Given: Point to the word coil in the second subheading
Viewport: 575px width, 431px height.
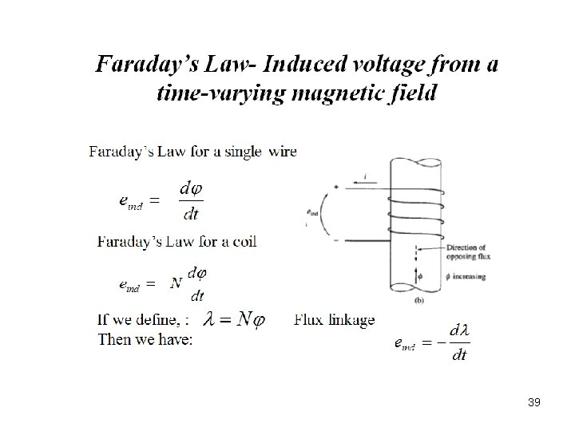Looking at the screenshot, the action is tap(241, 242).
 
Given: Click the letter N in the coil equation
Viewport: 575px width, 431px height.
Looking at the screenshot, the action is tap(176, 284).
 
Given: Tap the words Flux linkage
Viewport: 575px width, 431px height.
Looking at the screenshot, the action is tap(334, 320).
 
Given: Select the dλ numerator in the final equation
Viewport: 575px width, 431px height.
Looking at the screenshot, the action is tap(459, 330).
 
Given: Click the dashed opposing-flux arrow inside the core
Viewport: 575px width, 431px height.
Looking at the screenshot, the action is tap(416, 255).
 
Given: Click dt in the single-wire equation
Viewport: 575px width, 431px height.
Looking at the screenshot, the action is tap(192, 214).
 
